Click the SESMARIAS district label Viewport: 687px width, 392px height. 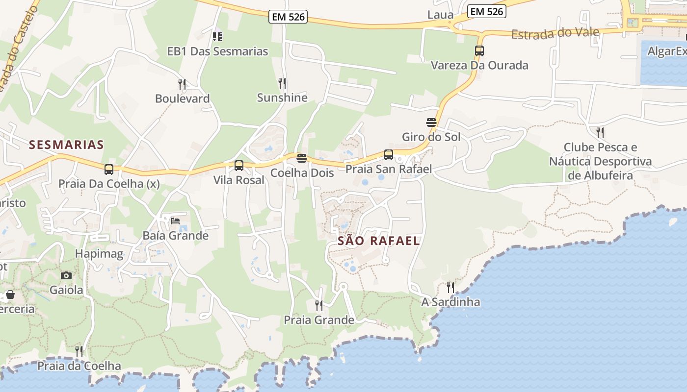pyautogui.click(x=66, y=145)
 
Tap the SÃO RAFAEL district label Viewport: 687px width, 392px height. pyautogui.click(x=379, y=241)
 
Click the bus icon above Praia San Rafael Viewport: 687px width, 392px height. pyautogui.click(x=389, y=155)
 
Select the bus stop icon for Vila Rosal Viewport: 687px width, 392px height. pyautogui.click(x=239, y=166)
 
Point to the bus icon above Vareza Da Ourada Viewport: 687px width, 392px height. pyautogui.click(x=479, y=51)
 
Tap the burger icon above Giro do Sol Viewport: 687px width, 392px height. pyautogui.click(x=431, y=122)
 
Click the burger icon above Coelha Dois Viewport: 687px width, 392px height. pyautogui.click(x=302, y=158)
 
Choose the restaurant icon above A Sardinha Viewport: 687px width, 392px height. pyautogui.click(x=450, y=288)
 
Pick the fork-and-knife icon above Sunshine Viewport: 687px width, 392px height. pyautogui.click(x=282, y=83)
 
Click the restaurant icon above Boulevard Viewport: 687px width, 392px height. pyautogui.click(x=182, y=84)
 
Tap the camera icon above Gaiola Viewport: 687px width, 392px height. pyautogui.click(x=66, y=275)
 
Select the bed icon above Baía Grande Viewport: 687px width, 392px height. pyautogui.click(x=175, y=221)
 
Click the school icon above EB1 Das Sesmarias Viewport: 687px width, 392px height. pyautogui.click(x=217, y=37)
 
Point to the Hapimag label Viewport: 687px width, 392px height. pyautogui.click(x=99, y=254)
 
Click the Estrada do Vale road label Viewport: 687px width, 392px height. pyautogui.click(x=555, y=34)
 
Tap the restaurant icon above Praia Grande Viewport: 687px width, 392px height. pyautogui.click(x=319, y=306)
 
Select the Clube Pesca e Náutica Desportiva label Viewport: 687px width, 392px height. pyautogui.click(x=600, y=161)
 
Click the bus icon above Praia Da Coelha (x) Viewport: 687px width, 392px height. pyautogui.click(x=109, y=170)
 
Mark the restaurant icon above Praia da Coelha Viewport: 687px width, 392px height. pyautogui.click(x=79, y=351)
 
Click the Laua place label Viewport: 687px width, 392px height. pyautogui.click(x=440, y=15)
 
